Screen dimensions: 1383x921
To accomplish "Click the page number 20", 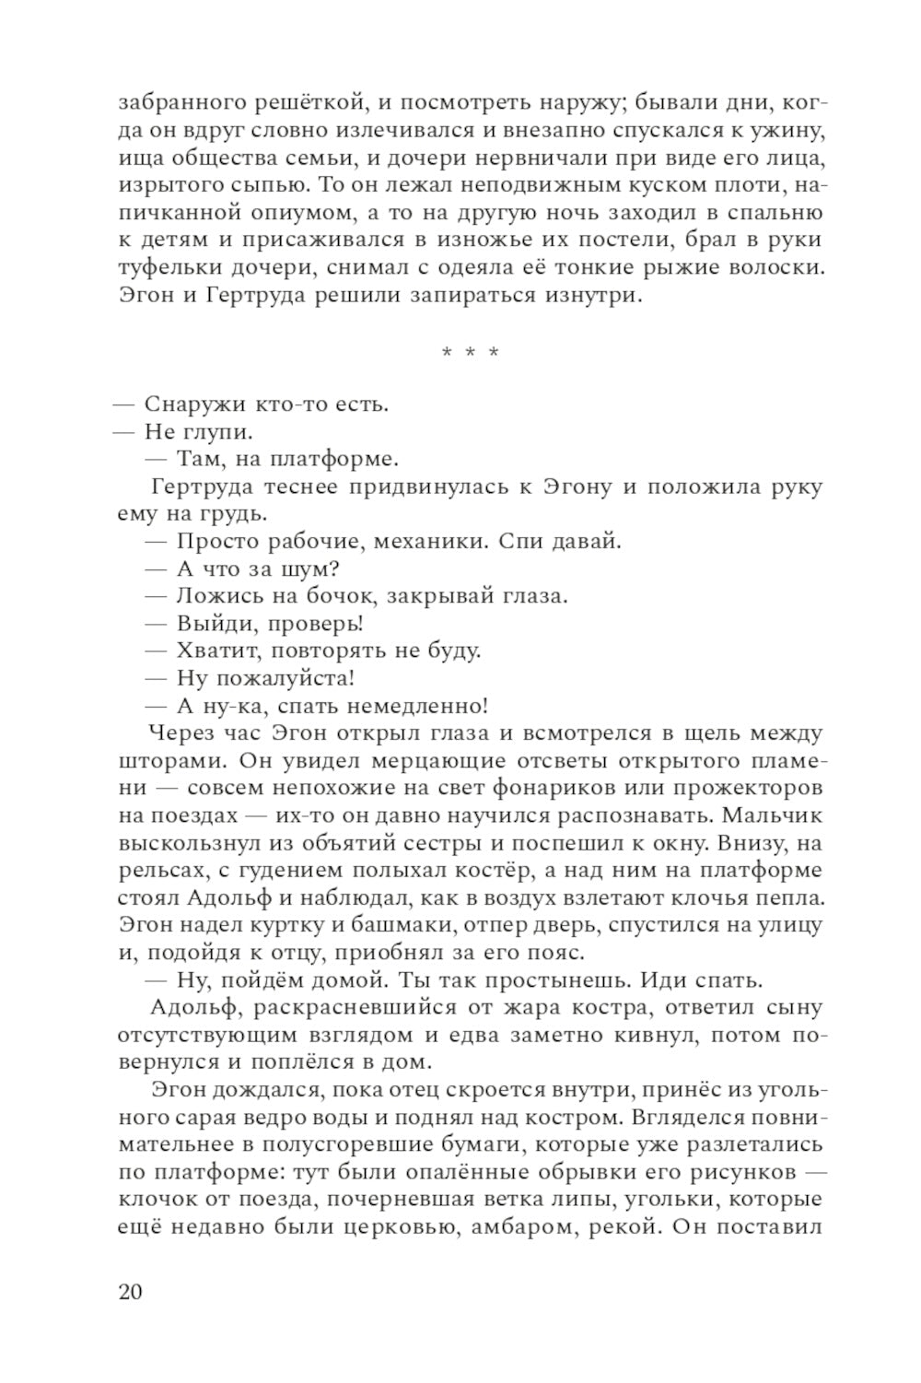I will click(130, 1291).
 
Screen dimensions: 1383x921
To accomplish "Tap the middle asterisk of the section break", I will click(470, 353).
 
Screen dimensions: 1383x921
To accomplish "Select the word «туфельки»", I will click(165, 268).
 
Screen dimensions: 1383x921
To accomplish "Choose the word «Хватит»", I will click(210, 650).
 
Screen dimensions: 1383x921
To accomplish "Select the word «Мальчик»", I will click(772, 815).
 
